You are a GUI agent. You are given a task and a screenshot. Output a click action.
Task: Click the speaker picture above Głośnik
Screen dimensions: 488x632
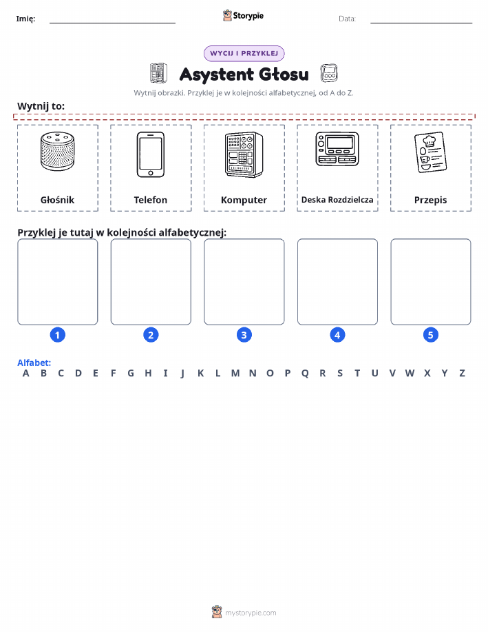(x=58, y=151)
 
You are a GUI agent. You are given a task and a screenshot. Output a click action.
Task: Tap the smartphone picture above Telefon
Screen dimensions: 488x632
(x=151, y=155)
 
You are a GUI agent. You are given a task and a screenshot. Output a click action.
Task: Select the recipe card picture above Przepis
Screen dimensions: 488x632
(x=430, y=152)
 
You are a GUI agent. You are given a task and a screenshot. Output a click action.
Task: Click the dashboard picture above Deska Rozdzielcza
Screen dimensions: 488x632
(x=337, y=149)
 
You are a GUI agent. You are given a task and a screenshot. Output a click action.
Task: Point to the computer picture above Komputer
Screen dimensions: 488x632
(x=244, y=155)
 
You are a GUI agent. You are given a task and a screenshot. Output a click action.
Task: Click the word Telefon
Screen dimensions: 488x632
(x=151, y=200)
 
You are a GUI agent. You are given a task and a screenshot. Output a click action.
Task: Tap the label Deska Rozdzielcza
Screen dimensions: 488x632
(x=337, y=199)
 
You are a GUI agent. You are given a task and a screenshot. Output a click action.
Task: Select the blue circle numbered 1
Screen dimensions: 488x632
(x=58, y=335)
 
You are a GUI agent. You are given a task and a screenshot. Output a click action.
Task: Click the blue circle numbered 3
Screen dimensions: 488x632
(x=244, y=335)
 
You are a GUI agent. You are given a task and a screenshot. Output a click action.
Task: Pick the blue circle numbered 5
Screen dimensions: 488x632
(x=430, y=335)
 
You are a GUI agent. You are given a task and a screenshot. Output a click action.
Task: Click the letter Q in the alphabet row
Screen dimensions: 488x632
(x=305, y=374)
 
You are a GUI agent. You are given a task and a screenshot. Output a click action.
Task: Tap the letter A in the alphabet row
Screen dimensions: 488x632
(x=25, y=374)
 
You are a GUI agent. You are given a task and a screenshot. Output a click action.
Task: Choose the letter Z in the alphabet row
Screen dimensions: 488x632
(x=463, y=374)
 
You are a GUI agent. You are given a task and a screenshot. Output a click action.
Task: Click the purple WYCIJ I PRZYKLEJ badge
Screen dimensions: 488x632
(x=244, y=53)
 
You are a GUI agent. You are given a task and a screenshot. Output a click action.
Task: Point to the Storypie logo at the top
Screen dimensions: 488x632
(x=243, y=16)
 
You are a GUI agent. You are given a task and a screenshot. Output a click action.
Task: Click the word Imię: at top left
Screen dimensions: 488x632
(x=25, y=19)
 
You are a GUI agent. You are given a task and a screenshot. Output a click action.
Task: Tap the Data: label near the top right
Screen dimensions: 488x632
(x=347, y=19)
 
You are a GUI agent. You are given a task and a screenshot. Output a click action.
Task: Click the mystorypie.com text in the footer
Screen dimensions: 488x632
(x=251, y=613)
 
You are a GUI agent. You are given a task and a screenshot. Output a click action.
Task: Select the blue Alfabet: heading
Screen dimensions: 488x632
(x=34, y=363)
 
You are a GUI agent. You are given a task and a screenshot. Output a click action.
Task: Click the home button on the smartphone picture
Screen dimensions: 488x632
(x=151, y=173)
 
